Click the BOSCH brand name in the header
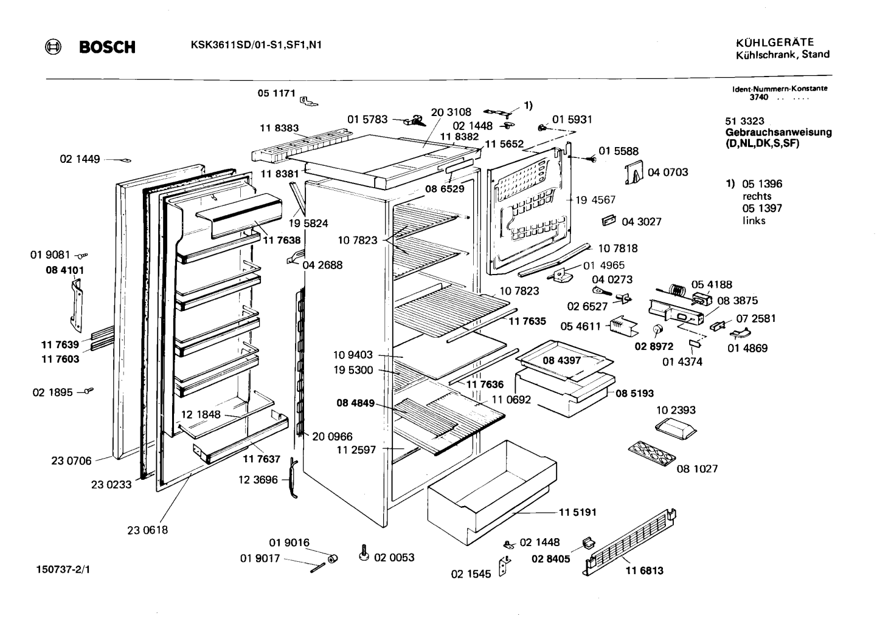[107, 47]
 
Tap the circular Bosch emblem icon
[53, 47]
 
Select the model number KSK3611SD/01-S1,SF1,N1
[256, 45]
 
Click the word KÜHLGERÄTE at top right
[775, 43]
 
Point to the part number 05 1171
[276, 93]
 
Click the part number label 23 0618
[147, 530]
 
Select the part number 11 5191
[578, 512]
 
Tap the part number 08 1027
[698, 468]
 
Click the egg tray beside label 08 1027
[652, 454]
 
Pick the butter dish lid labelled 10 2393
[676, 429]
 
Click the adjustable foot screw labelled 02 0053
[364, 553]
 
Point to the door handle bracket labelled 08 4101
[77, 306]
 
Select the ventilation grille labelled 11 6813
[629, 542]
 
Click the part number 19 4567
[595, 200]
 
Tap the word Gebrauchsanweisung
[778, 132]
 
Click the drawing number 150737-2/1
[63, 570]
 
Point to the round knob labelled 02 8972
[658, 329]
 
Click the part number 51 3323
[744, 121]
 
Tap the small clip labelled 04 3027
[608, 221]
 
